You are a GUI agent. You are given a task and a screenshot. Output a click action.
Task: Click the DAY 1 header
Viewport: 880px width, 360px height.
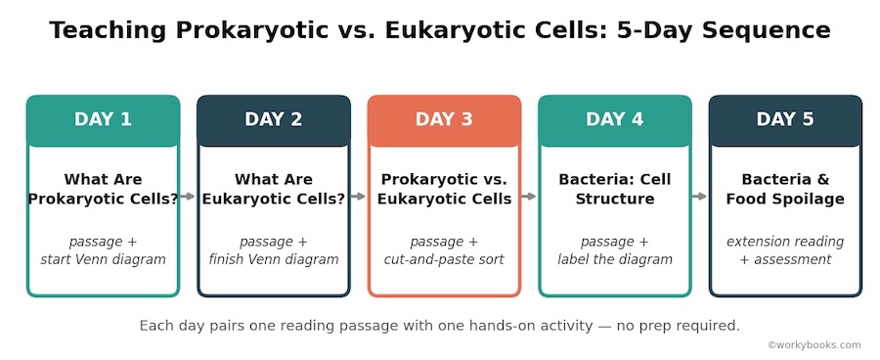pos(103,120)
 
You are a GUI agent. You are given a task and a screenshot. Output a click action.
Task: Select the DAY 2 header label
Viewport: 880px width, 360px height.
pos(274,119)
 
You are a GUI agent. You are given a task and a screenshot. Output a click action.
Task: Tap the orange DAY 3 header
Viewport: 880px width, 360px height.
pos(444,120)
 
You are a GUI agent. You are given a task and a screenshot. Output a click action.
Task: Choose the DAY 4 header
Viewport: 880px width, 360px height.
pos(615,120)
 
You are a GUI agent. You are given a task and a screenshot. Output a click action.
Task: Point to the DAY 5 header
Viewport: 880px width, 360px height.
pos(785,120)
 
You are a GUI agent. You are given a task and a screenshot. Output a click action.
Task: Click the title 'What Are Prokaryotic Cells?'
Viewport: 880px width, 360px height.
pos(103,189)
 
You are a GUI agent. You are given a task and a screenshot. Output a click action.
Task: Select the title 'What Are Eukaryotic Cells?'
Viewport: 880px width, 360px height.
pos(274,189)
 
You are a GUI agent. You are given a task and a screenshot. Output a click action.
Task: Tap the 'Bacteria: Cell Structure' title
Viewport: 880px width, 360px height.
pos(615,189)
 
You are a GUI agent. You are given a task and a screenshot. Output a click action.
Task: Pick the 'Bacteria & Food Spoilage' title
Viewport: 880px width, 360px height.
pos(785,189)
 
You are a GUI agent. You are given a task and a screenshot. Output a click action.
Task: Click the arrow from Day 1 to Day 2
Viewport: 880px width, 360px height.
pos(188,196)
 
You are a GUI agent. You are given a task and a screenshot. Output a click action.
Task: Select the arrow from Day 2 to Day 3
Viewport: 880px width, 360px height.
pos(358,196)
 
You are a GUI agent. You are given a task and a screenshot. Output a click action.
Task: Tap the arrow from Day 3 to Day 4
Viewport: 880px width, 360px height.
pos(529,196)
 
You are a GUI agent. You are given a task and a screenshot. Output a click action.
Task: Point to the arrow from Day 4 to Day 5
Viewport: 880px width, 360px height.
pos(699,196)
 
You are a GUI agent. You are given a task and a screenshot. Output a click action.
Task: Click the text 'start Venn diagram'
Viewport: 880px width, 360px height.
pos(104,259)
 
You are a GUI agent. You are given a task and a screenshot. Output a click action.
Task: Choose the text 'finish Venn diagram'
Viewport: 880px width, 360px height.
pos(274,259)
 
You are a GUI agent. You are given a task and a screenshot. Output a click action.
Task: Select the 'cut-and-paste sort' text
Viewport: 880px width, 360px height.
pos(444,259)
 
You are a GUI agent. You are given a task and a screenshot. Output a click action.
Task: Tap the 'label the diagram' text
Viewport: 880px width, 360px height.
pos(615,259)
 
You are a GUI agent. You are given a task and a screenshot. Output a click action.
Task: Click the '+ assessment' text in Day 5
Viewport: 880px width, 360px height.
pos(785,259)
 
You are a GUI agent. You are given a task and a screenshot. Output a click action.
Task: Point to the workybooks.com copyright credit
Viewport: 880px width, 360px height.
pos(814,344)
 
